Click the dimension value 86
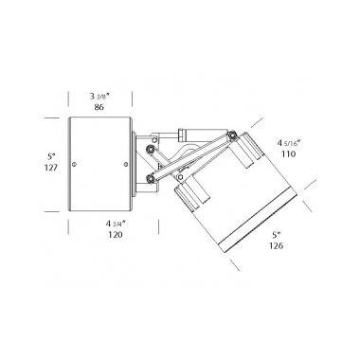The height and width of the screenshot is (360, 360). tap(99, 107)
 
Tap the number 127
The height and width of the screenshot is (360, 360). tap(51, 167)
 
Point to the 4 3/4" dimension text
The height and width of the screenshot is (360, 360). tap(116, 224)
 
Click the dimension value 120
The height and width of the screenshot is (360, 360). tap(116, 235)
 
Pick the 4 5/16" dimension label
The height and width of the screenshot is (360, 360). tap(288, 143)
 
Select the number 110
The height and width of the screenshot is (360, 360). tap(288, 154)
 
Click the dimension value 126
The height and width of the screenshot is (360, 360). tap(276, 245)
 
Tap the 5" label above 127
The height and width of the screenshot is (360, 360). tap(51, 156)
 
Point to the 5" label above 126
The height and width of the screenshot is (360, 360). tap(277, 235)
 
